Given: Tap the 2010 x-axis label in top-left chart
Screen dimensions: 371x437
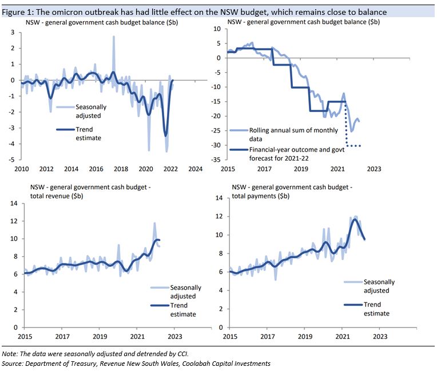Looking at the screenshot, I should pyautogui.click(x=22, y=169).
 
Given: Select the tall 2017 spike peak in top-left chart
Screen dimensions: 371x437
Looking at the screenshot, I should pyautogui.click(x=113, y=37).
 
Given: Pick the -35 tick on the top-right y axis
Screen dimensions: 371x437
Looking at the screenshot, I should pyautogui.click(x=216, y=160).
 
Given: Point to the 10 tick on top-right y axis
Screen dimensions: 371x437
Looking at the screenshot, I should pyautogui.click(x=217, y=29).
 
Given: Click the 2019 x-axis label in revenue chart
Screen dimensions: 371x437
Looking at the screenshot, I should pyautogui.click(x=100, y=337).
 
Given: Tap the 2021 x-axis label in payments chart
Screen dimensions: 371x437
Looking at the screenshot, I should pyautogui.click(x=341, y=336).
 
